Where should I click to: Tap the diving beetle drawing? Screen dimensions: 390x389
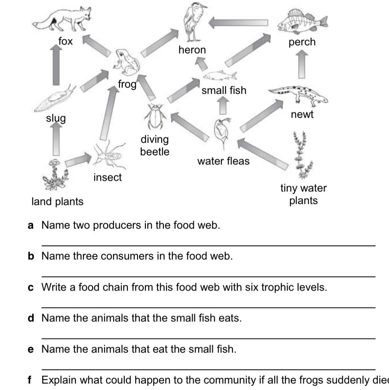154,116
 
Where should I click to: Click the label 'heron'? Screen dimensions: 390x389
192,50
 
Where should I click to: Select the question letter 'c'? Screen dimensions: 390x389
31,288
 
